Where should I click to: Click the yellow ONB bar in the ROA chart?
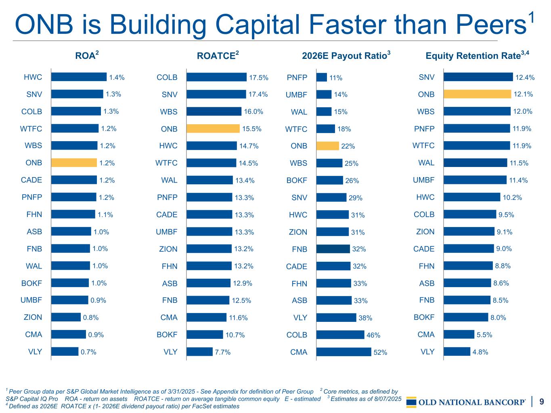(74, 163)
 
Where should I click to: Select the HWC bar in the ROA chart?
(79, 77)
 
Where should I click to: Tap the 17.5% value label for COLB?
(259, 77)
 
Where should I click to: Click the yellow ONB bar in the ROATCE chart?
(213, 129)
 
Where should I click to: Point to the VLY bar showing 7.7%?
(199, 352)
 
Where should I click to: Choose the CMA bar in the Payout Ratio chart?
(344, 352)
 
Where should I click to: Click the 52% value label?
(380, 353)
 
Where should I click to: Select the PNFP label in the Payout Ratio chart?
(297, 77)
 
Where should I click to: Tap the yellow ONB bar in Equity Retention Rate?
(477, 94)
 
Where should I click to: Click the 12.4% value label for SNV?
(525, 77)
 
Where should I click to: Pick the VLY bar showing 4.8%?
(457, 352)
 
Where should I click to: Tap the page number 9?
(542, 401)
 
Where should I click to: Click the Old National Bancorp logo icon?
(411, 402)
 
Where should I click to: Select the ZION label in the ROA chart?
(33, 317)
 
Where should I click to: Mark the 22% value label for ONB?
(348, 146)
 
